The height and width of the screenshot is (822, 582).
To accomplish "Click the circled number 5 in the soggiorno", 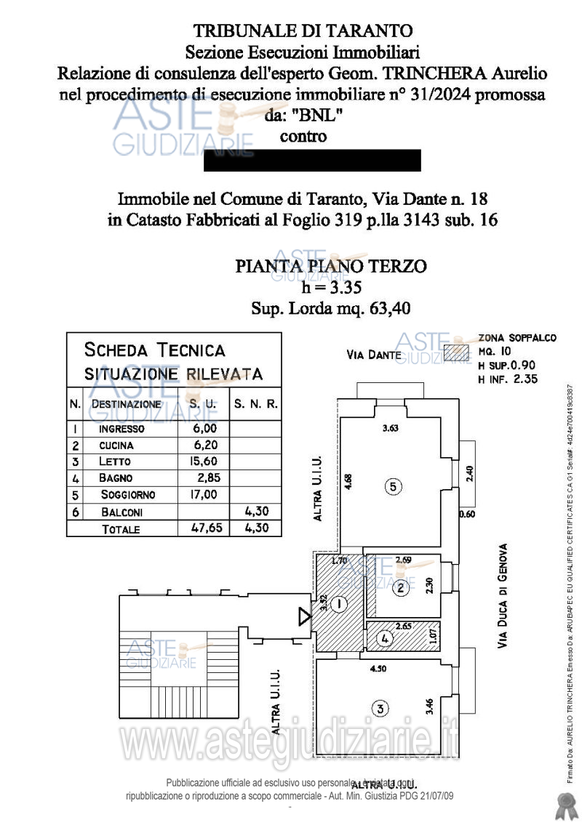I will [x=393, y=488].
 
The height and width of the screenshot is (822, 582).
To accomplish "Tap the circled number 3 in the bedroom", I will [x=378, y=708].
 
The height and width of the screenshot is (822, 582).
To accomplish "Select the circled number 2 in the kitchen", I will [x=400, y=589].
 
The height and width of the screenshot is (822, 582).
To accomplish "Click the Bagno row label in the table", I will [x=116, y=478].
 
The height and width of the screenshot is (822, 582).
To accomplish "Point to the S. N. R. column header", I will [x=255, y=403].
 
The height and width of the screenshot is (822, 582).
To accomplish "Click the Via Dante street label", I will [x=374, y=355].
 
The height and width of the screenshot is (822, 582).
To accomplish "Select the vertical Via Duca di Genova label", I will [x=502, y=596].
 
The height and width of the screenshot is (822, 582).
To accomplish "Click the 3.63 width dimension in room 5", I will [x=391, y=429].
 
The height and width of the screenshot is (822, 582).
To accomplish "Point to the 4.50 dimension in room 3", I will [x=378, y=669].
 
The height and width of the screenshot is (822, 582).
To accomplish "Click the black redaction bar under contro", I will [x=312, y=160].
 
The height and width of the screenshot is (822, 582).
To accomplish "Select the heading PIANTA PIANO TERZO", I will [x=331, y=267].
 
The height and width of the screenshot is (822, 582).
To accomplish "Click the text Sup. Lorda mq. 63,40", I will [x=331, y=308].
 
